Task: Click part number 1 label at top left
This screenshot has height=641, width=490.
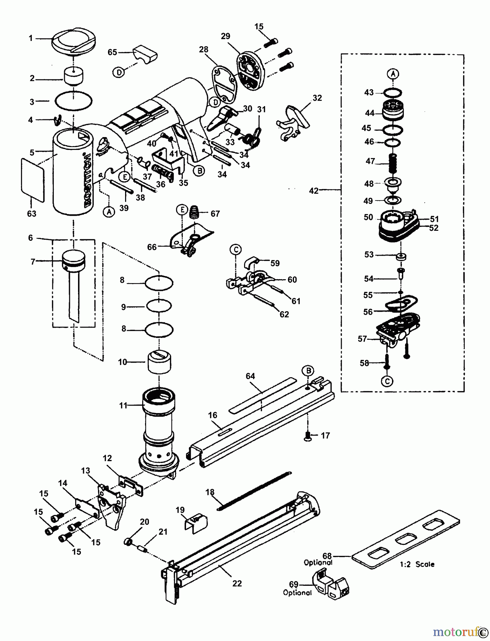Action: coord(31,38)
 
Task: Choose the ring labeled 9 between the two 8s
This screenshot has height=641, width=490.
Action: coord(159,306)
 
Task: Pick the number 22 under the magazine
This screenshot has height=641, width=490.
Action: coord(237,583)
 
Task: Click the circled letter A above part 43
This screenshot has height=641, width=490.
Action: coord(393,74)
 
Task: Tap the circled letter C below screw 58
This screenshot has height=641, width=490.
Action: coord(387,381)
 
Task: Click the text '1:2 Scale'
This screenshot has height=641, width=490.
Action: coord(417,564)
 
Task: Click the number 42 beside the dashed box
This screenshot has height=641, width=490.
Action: coord(314,191)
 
